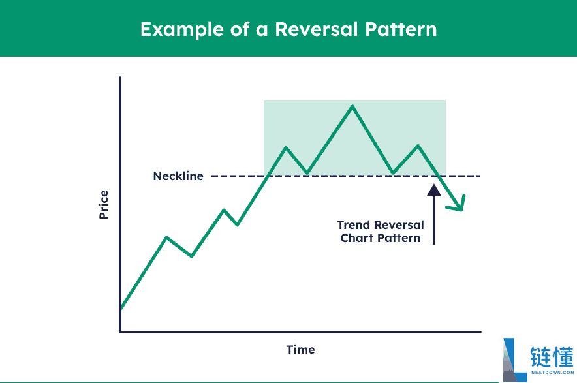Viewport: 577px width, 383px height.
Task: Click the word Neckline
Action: coord(178,176)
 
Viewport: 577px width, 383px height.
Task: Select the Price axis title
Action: coord(104,205)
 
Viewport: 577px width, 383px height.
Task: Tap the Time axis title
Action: coord(301,350)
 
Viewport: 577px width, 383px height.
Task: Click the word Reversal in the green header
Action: coord(317,29)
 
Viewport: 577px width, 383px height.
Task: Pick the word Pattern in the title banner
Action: coord(401,29)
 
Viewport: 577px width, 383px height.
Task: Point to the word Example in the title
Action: coord(182,30)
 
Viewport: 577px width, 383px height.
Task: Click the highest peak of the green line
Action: coord(352,106)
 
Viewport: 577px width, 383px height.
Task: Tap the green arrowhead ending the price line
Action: coord(458,205)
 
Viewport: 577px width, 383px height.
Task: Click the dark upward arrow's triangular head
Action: coord(434,190)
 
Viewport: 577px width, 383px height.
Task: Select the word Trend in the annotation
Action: coord(354,225)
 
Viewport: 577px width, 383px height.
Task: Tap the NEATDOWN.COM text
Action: coord(552,373)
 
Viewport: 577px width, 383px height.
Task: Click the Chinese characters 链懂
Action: coord(552,356)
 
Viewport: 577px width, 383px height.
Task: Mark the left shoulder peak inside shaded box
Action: coord(286,147)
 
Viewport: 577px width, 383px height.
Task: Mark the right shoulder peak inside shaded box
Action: coord(418,146)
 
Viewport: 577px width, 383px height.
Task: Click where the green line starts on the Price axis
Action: coord(121,309)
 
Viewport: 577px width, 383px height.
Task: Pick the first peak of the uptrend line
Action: coord(166,237)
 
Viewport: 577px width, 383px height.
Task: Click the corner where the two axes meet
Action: coord(120,332)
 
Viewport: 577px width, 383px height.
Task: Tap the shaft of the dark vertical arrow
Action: coord(434,221)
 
